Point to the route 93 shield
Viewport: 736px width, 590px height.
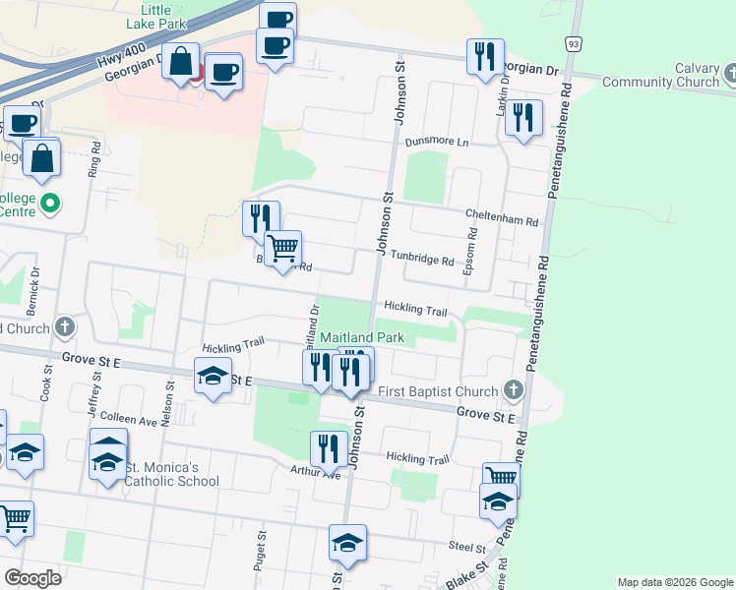click(573, 44)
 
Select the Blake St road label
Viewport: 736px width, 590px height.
click(467, 576)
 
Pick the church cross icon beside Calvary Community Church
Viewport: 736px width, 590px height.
click(730, 74)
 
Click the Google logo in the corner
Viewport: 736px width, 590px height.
click(32, 577)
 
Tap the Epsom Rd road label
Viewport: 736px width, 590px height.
click(472, 251)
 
